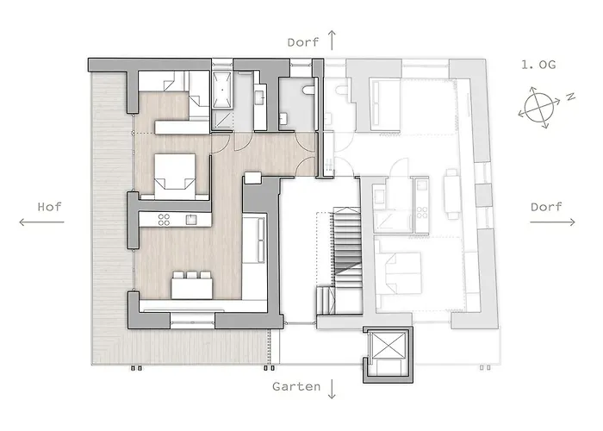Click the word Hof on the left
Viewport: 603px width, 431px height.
click(49, 207)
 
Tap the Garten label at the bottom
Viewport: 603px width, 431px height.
click(296, 386)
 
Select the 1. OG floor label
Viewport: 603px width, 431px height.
click(538, 65)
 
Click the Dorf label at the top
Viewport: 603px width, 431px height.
click(303, 42)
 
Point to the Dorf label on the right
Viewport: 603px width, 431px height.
click(546, 207)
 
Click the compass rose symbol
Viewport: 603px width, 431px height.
click(538, 108)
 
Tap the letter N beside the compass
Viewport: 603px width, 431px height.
click(570, 97)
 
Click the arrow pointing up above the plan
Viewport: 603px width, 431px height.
click(332, 40)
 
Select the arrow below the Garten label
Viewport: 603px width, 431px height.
click(332, 389)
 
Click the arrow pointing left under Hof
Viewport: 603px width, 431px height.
click(41, 222)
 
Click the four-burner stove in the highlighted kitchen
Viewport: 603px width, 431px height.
click(164, 220)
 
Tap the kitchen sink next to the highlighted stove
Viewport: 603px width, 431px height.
click(191, 220)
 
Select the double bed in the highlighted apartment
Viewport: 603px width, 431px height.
click(175, 176)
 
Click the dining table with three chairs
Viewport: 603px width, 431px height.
click(192, 285)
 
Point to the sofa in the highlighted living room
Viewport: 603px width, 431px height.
click(254, 240)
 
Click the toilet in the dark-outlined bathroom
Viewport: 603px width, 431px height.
click(308, 90)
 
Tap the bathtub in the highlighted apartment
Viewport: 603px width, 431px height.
click(222, 90)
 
